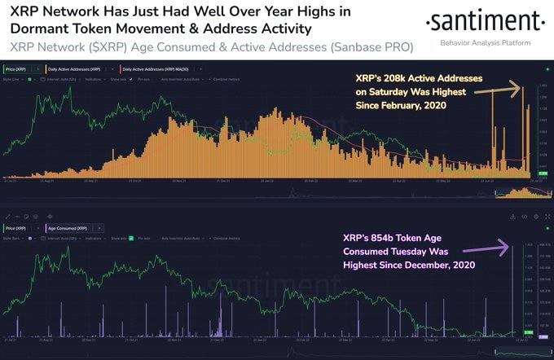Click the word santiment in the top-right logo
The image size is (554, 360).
click(x=486, y=21)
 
